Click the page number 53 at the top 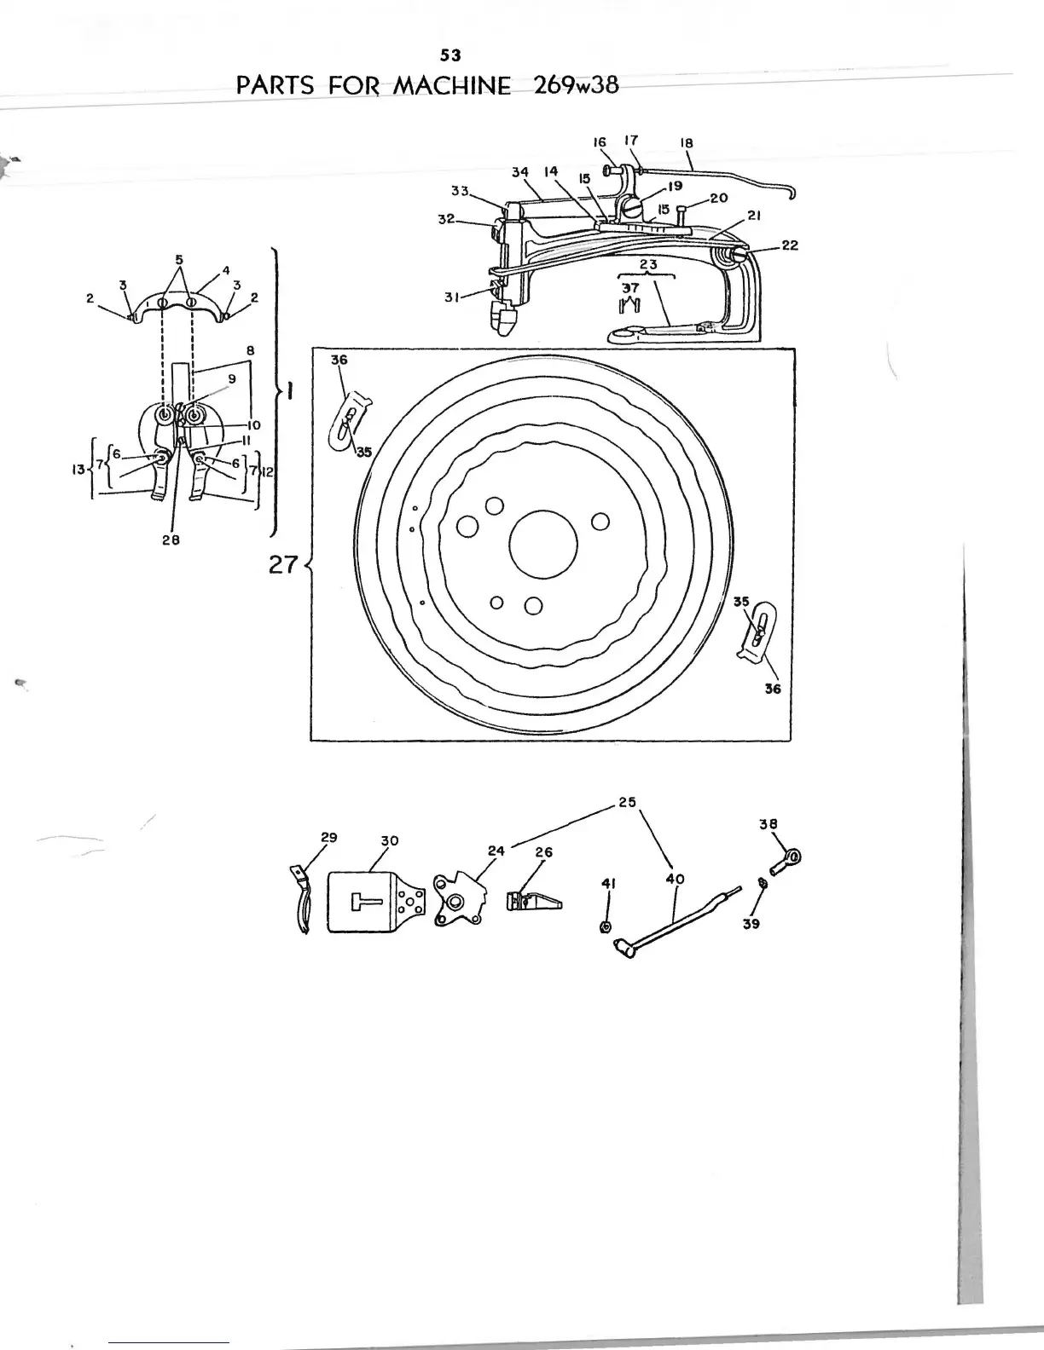pyautogui.click(x=450, y=55)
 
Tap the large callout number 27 pyautogui.click(x=282, y=566)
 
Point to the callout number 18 pyautogui.click(x=687, y=143)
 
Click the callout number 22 pyautogui.click(x=790, y=245)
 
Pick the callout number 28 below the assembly pyautogui.click(x=171, y=540)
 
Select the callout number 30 pyautogui.click(x=389, y=840)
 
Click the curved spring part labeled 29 pyautogui.click(x=302, y=902)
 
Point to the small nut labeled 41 pyautogui.click(x=606, y=926)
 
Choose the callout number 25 pyautogui.click(x=627, y=802)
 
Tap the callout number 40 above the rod pyautogui.click(x=675, y=879)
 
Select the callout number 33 pyautogui.click(x=461, y=191)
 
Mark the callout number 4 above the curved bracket pyautogui.click(x=226, y=270)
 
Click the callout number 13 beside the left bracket pyautogui.click(x=78, y=470)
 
